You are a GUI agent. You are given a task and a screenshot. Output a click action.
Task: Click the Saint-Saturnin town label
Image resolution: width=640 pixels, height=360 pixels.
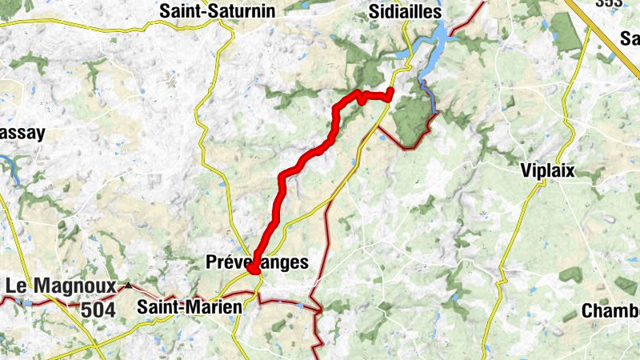click(x=218, y=11)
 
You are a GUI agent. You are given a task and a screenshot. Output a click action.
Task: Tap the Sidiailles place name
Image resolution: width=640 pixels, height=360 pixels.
click(x=406, y=11)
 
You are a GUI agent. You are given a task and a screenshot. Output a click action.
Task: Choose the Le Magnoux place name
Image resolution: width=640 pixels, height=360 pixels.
click(x=60, y=286)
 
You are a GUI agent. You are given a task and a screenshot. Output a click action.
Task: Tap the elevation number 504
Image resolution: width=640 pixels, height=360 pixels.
click(x=98, y=309)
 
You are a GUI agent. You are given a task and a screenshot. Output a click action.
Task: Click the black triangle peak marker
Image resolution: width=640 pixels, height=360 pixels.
click(x=128, y=285)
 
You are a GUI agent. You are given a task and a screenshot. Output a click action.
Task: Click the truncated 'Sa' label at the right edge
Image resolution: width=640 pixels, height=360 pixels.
click(x=630, y=38)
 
